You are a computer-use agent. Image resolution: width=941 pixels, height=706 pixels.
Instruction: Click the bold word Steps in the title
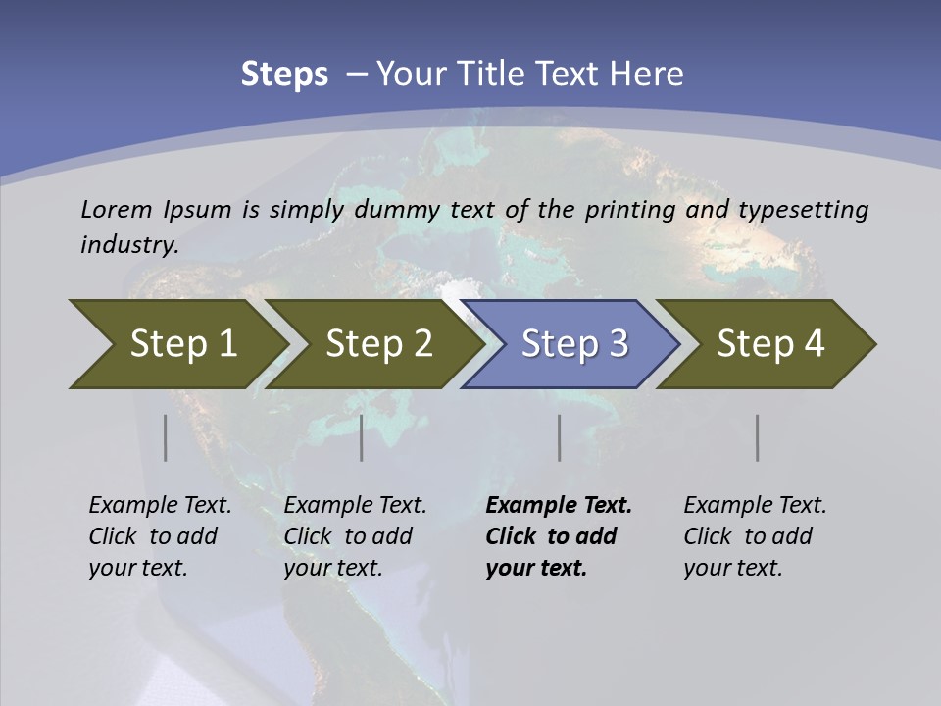click(x=284, y=74)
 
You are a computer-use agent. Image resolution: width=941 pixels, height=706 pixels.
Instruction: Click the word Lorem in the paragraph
click(x=116, y=209)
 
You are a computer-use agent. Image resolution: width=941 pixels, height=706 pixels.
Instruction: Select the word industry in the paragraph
click(x=128, y=245)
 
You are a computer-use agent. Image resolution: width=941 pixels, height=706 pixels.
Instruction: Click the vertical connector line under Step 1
click(x=166, y=437)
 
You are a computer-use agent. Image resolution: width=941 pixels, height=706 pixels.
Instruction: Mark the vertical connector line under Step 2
click(x=362, y=437)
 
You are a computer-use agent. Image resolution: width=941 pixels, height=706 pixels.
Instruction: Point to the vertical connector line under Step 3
click(x=560, y=437)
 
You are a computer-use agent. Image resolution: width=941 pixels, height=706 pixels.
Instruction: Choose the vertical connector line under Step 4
click(x=758, y=437)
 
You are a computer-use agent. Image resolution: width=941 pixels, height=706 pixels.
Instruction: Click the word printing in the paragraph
click(x=621, y=210)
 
